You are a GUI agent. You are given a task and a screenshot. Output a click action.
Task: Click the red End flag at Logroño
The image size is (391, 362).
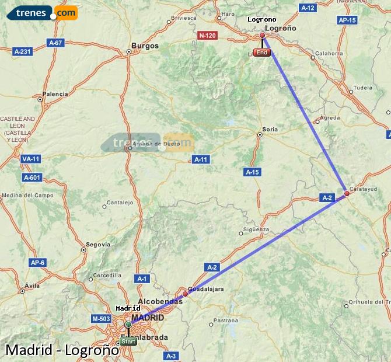pos(262,53)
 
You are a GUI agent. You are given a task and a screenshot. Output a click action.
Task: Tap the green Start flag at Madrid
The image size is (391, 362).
pos(128,341)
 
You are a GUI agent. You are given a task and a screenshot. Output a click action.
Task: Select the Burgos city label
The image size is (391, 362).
pos(145,46)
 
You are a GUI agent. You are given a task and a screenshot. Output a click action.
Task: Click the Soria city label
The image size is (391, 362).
pos(270,129)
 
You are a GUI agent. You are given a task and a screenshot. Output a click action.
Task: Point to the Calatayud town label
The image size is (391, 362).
pos(364,189)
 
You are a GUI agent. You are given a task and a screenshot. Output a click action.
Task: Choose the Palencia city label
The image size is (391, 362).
pos(55,93)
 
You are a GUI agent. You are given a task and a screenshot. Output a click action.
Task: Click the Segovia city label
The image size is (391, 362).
pos(98,244)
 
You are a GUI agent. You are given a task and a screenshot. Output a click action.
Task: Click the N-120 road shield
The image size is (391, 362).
pos(207,35)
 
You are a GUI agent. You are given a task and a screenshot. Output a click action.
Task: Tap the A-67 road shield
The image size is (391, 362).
pos(55,42)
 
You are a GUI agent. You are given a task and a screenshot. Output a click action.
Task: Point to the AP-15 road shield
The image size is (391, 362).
pos(347,20)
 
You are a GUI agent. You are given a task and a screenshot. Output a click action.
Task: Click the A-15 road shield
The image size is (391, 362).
pos(252,172)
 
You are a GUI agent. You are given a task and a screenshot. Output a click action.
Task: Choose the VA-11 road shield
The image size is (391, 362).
pos(30,159)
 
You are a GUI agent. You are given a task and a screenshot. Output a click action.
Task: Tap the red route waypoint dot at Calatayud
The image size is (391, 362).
pos(347,193)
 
